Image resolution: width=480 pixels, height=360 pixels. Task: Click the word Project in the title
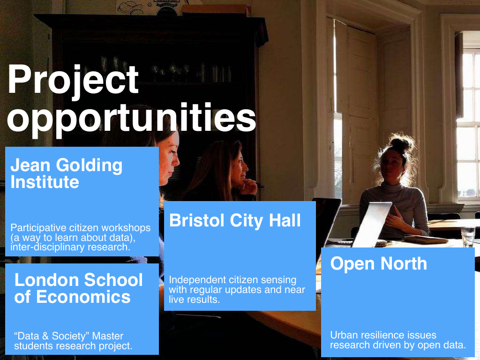(x=73, y=81)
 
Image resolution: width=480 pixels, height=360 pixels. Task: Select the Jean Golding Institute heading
(x=67, y=173)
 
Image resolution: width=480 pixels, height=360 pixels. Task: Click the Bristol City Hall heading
(x=235, y=220)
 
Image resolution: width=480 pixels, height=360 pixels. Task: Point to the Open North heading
(x=378, y=263)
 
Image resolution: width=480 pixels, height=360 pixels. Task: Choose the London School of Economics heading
(x=78, y=288)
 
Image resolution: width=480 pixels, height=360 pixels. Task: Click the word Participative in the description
(x=38, y=228)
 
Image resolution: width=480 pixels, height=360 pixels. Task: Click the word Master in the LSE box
(x=108, y=336)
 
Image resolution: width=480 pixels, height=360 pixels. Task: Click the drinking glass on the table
(x=468, y=236)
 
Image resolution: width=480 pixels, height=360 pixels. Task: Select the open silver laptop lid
(x=372, y=224)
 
